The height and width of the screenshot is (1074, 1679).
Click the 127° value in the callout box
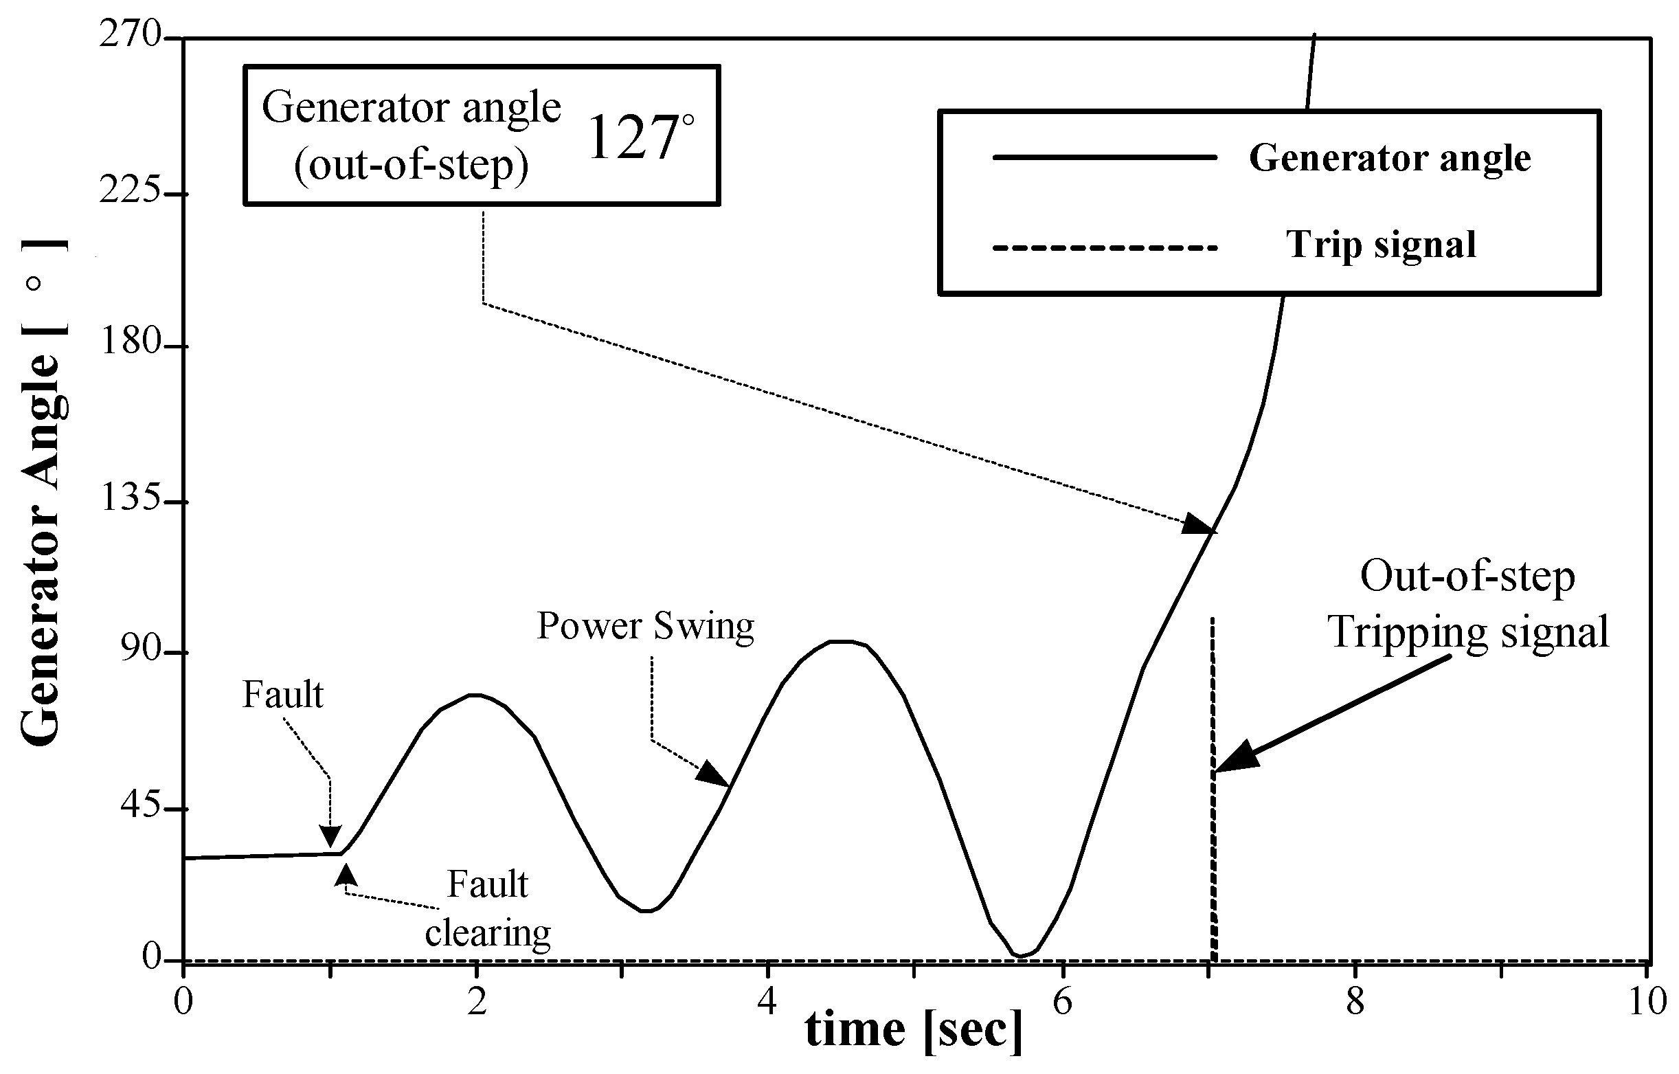[640, 137]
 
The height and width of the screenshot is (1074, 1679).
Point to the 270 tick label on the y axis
[131, 34]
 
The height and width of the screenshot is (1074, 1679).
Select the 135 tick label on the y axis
[131, 500]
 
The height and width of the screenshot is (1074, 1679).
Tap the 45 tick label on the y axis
[142, 807]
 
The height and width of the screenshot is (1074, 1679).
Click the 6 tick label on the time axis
[1062, 1002]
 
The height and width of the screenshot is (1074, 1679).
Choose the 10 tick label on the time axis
[1647, 1002]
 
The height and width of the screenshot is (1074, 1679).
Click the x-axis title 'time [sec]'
[914, 1029]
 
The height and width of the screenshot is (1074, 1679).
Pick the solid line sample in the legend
[1105, 157]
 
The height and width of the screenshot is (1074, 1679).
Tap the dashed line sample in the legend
[1105, 247]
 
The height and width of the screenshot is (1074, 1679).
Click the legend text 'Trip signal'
[1381, 244]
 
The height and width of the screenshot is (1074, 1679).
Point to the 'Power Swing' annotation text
[645, 625]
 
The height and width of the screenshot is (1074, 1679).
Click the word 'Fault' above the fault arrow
[282, 695]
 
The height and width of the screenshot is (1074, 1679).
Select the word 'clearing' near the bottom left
[488, 933]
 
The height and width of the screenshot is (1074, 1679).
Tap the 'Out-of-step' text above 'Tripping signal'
[1467, 577]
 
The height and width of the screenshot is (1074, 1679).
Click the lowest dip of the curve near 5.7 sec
[1020, 955]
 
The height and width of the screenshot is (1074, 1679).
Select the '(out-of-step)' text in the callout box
[412, 166]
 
